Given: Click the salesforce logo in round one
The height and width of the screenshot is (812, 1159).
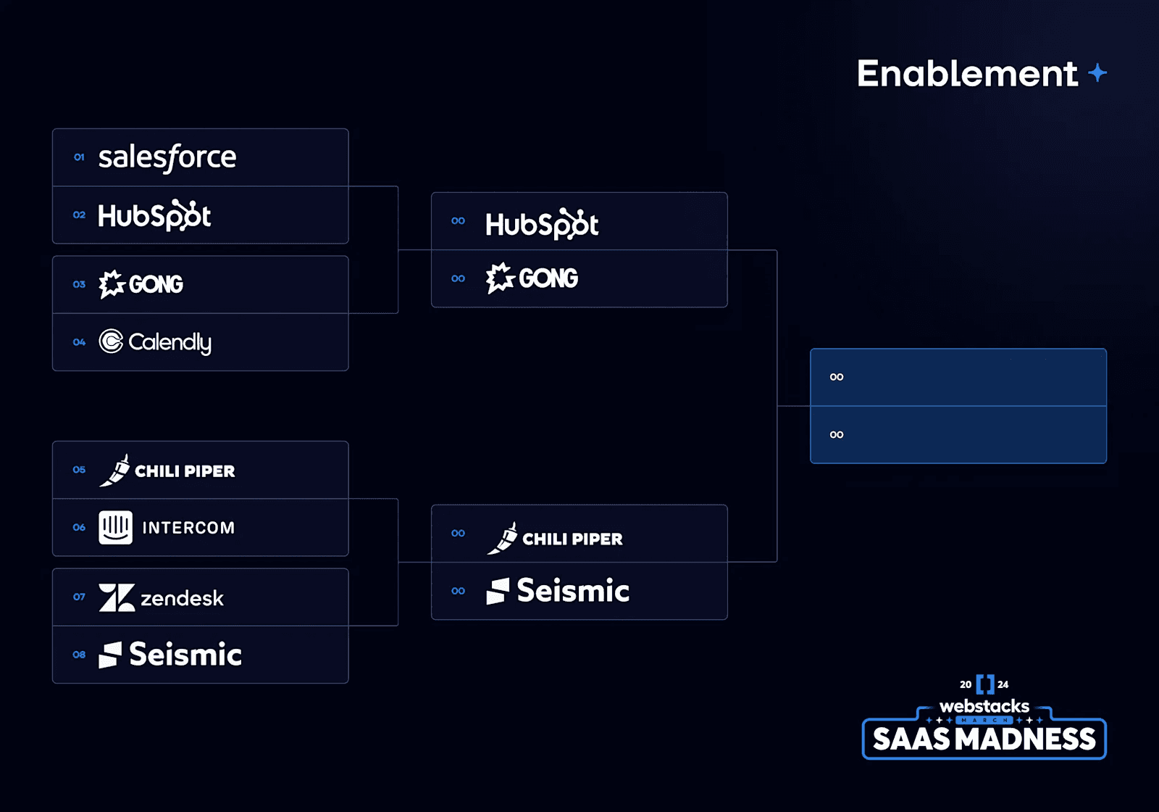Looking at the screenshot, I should (x=167, y=157).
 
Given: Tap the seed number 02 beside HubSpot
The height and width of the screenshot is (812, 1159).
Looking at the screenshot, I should (x=79, y=215).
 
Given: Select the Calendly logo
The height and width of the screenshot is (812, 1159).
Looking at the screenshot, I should (x=155, y=341).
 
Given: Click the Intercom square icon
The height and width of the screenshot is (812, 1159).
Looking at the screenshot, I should (x=115, y=527).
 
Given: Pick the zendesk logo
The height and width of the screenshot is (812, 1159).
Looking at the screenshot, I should (x=161, y=597).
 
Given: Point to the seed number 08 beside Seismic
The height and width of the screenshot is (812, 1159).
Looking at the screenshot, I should (x=79, y=655).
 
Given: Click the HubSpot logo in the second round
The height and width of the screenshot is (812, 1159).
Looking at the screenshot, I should (x=542, y=224).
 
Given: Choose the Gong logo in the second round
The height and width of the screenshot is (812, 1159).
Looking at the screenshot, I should (x=532, y=278).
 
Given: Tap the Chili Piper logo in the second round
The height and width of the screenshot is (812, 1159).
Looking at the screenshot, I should (x=555, y=538).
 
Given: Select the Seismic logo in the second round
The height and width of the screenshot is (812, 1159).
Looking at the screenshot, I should (x=558, y=591).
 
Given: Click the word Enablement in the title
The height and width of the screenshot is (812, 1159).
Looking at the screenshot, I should (x=967, y=73).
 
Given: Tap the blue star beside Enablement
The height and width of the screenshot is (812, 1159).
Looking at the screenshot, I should (x=1097, y=72).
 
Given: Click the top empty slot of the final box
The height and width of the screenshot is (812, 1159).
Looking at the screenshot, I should (x=958, y=377).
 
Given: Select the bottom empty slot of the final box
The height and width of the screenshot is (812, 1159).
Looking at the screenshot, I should (x=958, y=435).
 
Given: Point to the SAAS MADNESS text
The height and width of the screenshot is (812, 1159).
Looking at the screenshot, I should (x=984, y=739).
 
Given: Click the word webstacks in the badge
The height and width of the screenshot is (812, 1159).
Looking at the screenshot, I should (x=984, y=706).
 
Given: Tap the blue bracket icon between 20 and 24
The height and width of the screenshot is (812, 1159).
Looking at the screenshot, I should (x=985, y=684).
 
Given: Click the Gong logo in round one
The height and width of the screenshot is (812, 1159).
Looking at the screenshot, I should (x=141, y=284).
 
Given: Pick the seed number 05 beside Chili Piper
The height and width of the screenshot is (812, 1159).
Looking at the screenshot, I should (x=79, y=470).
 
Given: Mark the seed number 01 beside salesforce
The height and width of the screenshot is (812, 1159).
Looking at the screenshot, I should (x=79, y=157).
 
